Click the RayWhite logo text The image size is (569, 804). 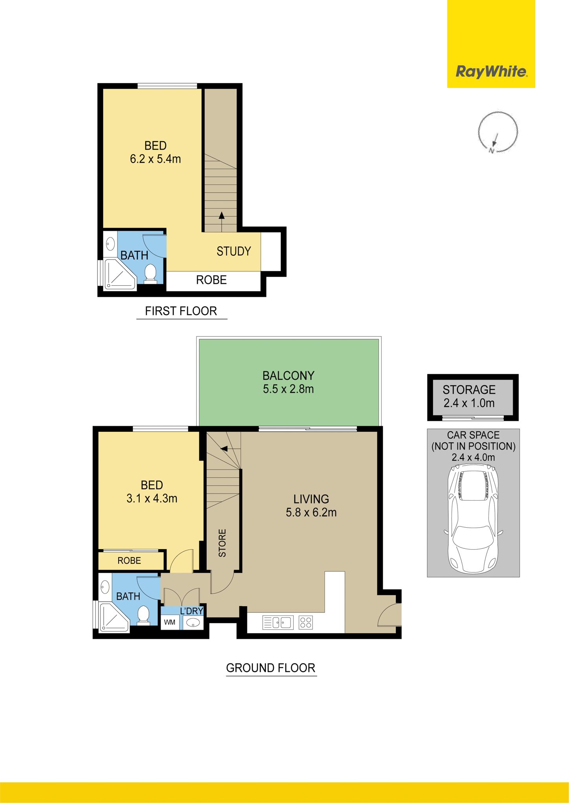491,72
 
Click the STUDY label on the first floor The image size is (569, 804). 234,251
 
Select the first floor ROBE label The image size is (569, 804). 211,280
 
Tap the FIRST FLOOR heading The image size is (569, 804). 181,311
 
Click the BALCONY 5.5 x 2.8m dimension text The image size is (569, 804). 289,389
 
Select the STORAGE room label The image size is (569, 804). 469,389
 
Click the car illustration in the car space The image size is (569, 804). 473,519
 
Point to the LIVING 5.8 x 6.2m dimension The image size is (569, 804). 311,512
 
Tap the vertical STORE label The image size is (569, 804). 222,543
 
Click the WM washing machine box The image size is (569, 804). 170,622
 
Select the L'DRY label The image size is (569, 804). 192,611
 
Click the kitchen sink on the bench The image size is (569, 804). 278,623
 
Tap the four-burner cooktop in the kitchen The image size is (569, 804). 306,623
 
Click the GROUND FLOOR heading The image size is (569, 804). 271,668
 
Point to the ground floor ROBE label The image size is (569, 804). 129,561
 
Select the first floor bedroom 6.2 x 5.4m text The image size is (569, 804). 156,159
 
